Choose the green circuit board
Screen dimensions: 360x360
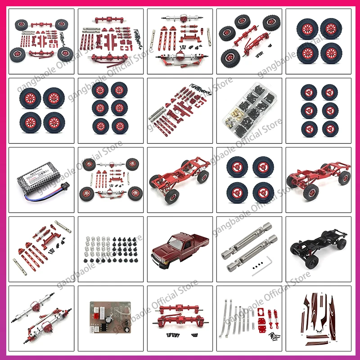pos(110,317)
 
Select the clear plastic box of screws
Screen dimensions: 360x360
pos(249,110)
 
